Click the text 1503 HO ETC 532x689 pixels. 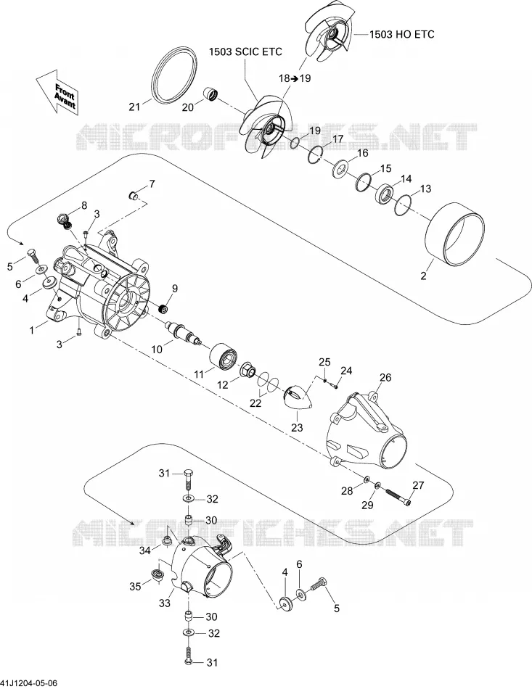click(401, 34)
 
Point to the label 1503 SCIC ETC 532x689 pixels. click(245, 51)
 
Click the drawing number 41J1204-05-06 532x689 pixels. click(28, 683)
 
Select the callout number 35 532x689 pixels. click(136, 586)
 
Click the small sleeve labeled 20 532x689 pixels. click(211, 94)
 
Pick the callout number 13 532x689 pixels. click(425, 189)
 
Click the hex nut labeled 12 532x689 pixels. click(248, 371)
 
